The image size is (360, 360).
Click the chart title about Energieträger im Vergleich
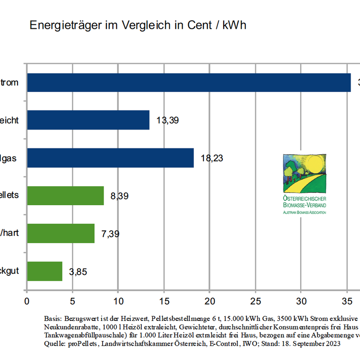point(138,25)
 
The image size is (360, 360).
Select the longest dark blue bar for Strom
point(189,82)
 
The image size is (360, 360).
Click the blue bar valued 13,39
point(88,120)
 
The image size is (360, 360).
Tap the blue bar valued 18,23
point(110,158)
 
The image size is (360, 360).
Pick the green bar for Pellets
point(65,196)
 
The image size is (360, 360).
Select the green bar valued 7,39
point(61,234)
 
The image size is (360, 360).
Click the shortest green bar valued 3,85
point(45,271)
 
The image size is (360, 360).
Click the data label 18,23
point(212,158)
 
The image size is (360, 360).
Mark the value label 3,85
point(78,272)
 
